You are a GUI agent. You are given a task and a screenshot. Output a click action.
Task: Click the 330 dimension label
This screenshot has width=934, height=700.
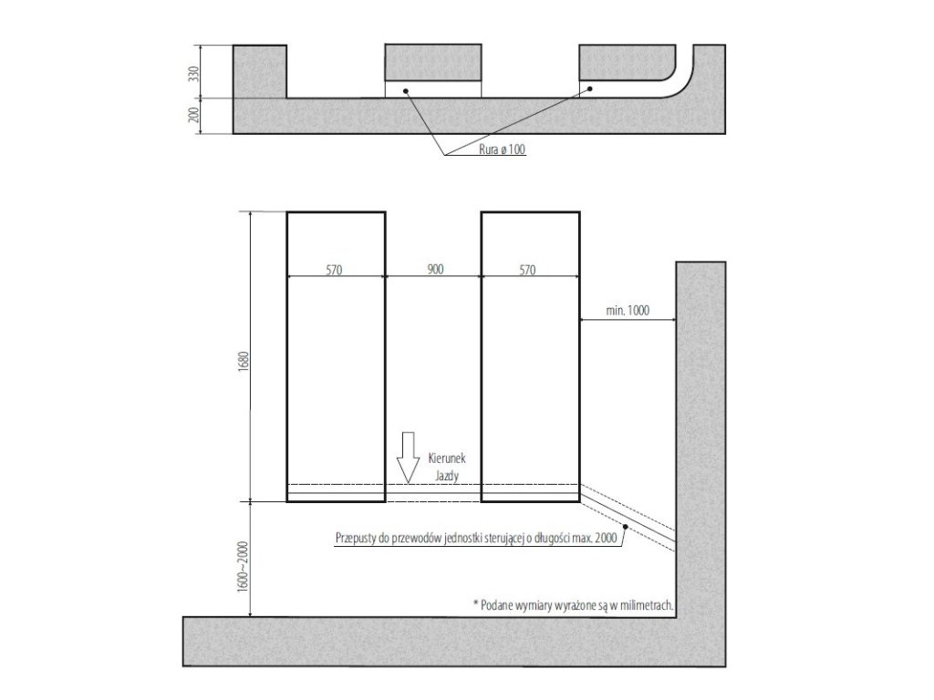(192, 75)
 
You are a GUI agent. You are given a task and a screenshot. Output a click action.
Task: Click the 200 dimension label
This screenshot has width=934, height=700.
(192, 116)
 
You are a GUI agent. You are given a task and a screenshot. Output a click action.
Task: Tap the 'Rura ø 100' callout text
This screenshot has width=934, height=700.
(503, 149)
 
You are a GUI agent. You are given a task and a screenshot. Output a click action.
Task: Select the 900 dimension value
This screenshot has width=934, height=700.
(435, 270)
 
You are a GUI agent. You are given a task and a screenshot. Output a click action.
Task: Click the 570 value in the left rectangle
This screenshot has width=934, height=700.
(334, 270)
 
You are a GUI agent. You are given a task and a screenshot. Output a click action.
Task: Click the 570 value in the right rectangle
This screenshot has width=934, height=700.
(528, 270)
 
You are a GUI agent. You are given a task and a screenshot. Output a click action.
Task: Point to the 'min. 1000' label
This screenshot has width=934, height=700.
(628, 310)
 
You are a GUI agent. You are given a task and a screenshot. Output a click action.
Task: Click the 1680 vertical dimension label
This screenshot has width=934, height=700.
(242, 362)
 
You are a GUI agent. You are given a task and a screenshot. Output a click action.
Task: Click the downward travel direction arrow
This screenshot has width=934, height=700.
(408, 458)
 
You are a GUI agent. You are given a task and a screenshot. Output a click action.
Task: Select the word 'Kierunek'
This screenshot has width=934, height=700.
(447, 458)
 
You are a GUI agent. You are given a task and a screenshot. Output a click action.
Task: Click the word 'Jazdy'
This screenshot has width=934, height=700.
(447, 476)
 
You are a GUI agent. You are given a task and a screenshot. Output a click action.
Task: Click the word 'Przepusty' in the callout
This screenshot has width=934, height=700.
(356, 538)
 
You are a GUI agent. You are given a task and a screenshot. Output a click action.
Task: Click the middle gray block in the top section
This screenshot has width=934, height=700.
(433, 63)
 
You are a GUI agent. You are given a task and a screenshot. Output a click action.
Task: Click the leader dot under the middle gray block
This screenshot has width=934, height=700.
(406, 91)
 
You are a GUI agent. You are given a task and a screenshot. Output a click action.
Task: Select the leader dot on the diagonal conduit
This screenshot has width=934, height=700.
(625, 526)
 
